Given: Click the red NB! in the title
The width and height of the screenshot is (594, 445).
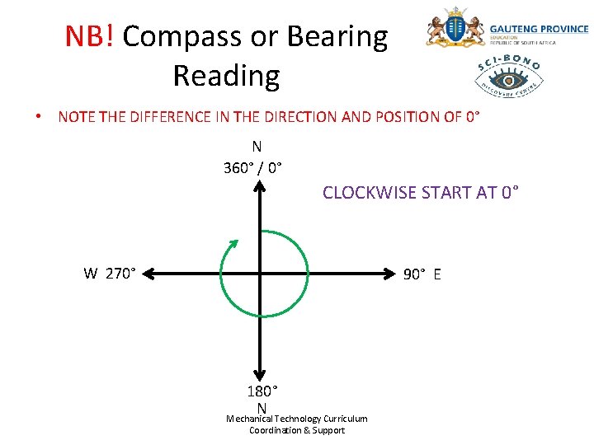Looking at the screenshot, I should click(x=91, y=36).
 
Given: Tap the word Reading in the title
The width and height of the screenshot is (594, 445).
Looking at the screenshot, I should click(x=226, y=76).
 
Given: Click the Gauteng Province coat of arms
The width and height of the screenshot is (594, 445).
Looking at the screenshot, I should click(x=454, y=30).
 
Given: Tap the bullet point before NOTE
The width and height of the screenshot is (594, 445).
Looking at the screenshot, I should click(x=38, y=117).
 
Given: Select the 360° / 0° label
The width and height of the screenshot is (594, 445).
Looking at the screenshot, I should click(x=252, y=168).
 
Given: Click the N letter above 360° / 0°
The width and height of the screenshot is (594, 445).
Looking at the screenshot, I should click(x=257, y=147).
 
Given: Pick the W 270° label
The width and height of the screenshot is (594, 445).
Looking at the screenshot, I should click(x=110, y=274).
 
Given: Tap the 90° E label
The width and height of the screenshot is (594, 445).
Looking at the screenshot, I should click(x=422, y=274).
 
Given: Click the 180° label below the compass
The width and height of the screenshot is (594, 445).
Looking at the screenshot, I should click(x=262, y=391).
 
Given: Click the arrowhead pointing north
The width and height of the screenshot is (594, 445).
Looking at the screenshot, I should click(x=260, y=187).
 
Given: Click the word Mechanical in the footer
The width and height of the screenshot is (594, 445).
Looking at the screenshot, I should click(x=249, y=419).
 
